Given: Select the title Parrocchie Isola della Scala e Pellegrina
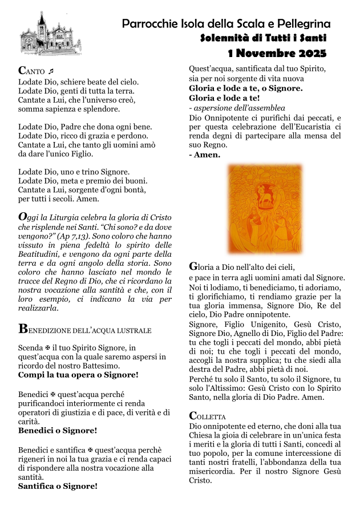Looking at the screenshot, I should (x=226, y=24).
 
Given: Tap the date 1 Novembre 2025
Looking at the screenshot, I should (x=277, y=54).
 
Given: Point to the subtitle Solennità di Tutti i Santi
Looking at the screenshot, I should (x=264, y=38).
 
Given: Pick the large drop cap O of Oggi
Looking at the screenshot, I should (x=23, y=217).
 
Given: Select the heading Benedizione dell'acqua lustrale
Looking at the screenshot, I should (x=85, y=329).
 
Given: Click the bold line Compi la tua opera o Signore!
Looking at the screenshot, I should (x=78, y=375).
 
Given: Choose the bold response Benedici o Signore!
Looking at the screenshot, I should (x=58, y=430).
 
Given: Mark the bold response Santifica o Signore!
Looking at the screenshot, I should (x=58, y=486).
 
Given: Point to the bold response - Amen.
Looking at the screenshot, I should (x=204, y=155).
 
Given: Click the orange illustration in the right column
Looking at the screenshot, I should (x=265, y=209).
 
